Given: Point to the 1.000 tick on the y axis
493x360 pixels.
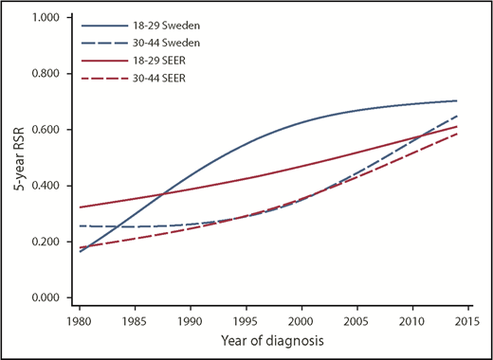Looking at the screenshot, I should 44,18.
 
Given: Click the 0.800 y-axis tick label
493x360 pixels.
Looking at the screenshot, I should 44,74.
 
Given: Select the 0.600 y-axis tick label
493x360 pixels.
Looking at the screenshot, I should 44,130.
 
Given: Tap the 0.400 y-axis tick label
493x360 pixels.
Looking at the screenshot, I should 44,186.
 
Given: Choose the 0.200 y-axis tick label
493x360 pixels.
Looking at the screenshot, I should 44,242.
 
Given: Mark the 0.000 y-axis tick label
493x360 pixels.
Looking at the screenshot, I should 44,297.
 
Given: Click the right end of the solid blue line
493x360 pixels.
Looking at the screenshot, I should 457,100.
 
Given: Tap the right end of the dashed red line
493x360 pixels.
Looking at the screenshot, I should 457,134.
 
